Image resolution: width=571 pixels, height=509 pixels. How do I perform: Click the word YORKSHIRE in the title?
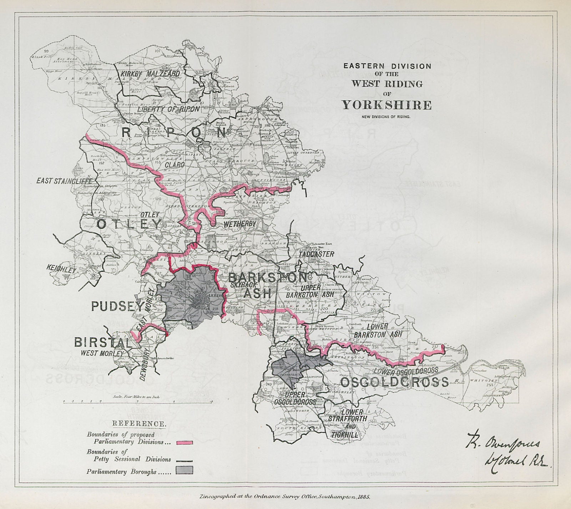tap(387, 105)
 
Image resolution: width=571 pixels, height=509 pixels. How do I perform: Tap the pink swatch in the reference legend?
tap(185, 443)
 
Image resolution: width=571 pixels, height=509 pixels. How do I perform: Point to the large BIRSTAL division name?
tap(103, 343)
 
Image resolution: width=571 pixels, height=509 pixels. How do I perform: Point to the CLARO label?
tap(175, 165)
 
